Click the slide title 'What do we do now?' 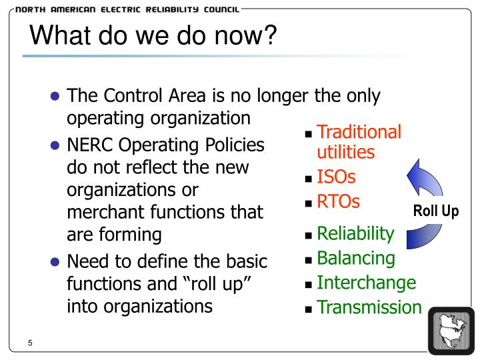tap(153, 35)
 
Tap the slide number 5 tap(31, 343)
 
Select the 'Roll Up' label tap(436, 212)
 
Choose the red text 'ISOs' tap(336, 177)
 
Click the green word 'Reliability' tap(355, 233)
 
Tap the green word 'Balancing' tap(355, 257)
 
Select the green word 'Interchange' tap(366, 282)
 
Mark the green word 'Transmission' tap(369, 307)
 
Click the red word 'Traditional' tap(359, 131)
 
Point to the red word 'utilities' tap(345, 152)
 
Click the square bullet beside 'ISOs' tap(308, 179)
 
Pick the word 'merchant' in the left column tap(108, 213)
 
